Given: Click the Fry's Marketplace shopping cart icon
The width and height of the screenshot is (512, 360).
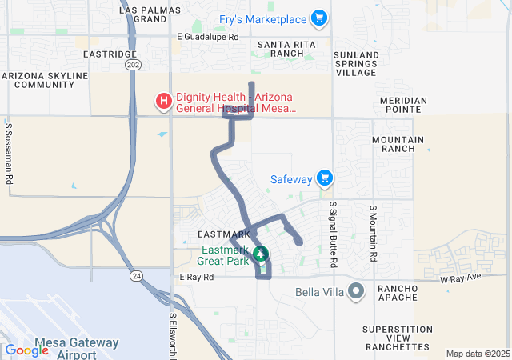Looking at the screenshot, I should pos(319,18).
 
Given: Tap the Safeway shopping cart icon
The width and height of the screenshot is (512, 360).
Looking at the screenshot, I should pos(324,178).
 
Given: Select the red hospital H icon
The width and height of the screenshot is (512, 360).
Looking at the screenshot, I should pos(163,101).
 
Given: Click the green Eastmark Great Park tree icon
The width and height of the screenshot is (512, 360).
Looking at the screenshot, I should pos(260,254).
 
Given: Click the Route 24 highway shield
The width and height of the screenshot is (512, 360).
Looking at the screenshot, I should pos(137,275).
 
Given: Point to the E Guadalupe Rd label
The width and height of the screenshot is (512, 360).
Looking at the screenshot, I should pos(207,37).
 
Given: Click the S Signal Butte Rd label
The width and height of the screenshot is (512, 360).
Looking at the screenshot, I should pos(333,234).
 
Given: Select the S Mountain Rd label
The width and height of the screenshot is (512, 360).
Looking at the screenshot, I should pos(373,234).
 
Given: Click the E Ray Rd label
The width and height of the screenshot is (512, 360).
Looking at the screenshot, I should pos(197,277).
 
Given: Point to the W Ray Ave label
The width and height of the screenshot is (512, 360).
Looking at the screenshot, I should pos(462,277).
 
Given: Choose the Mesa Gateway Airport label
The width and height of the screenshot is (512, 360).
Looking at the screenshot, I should pos(78,348).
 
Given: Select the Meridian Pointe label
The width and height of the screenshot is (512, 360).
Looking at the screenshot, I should pos(403,106).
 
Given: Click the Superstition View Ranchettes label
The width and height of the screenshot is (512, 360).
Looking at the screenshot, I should pos(397,338).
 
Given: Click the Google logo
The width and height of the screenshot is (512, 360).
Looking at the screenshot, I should pos(27,350).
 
